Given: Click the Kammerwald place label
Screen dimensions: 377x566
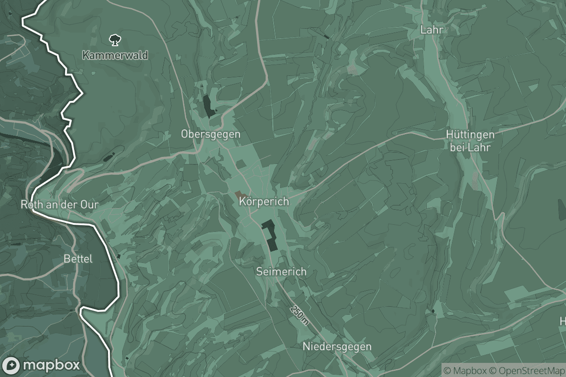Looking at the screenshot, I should point(115,55).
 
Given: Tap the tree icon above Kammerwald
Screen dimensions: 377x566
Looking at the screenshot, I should point(114,40).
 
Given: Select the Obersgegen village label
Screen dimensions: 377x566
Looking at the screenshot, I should point(210,134).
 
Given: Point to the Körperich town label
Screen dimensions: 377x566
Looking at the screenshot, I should point(264,202).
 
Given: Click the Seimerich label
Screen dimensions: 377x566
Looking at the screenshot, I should point(281,271).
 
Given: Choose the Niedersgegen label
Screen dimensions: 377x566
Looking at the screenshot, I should point(337,347).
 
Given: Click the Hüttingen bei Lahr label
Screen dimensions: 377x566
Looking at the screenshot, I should point(470,141).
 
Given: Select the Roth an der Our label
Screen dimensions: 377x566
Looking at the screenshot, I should point(59,205).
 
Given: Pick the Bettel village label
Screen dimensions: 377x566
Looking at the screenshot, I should point(78,259).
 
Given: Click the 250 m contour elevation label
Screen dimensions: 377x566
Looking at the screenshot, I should point(300,315).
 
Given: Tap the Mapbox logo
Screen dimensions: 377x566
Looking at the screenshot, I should point(42,365).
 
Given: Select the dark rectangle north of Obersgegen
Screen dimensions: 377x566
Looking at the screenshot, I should point(208,107).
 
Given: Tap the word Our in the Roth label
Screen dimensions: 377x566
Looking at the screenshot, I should point(89,205).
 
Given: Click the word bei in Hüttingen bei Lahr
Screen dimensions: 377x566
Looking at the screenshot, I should point(458,148).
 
